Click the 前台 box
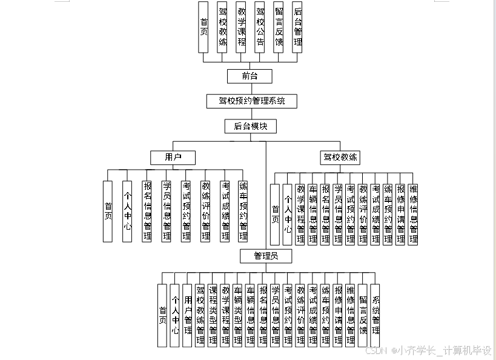click(250, 76)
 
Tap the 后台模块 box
click(250, 126)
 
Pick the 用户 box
click(173, 158)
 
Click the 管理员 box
click(265, 256)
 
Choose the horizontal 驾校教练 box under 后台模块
click(340, 158)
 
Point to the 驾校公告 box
click(260, 27)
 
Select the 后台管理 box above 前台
click(297, 27)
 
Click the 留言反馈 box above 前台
click(279, 27)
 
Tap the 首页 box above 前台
click(204, 27)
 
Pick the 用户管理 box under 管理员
click(187, 315)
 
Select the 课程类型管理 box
click(212, 315)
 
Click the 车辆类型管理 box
click(237, 315)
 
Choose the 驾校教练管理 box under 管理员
click(200, 315)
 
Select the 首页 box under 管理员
click(162, 315)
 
